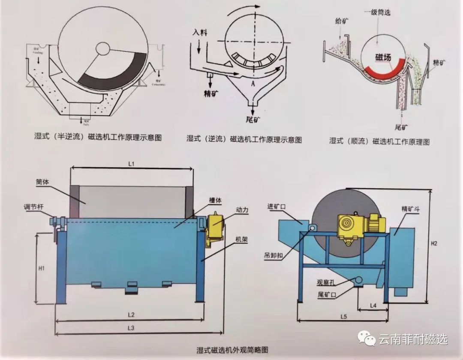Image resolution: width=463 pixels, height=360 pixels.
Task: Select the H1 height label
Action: tap(42, 269)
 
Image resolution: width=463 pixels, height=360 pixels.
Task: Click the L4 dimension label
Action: tap(373, 306)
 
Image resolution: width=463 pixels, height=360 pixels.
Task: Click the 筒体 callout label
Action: tap(43, 182)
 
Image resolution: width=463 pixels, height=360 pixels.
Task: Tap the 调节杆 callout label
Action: tap(33, 207)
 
